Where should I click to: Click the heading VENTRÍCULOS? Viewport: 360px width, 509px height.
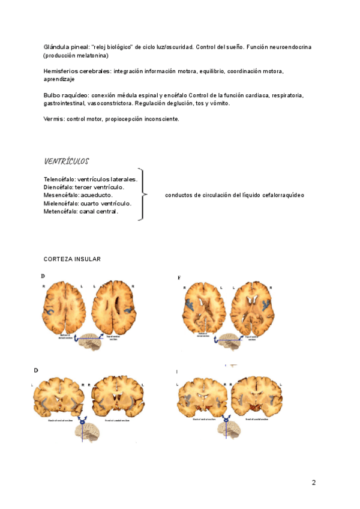pyautogui.click(x=66, y=161)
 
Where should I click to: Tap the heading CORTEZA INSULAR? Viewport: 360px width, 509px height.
pyautogui.click(x=72, y=259)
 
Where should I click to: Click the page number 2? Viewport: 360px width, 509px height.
pyautogui.click(x=313, y=483)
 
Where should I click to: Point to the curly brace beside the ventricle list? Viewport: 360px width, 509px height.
pyautogui.click(x=142, y=194)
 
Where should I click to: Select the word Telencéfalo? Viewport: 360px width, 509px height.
pyautogui.click(x=59, y=179)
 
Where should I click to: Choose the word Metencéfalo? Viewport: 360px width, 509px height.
pyautogui.click(x=60, y=211)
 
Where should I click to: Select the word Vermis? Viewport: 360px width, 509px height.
pyautogui.click(x=53, y=119)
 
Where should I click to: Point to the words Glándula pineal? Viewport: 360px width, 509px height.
pyautogui.click(x=67, y=47)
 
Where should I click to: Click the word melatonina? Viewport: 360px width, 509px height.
pyautogui.click(x=91, y=55)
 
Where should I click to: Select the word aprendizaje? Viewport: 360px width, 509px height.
pyautogui.click(x=59, y=79)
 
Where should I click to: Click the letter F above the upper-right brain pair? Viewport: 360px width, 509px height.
pyautogui.click(x=179, y=277)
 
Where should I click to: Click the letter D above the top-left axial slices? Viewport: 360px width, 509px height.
pyautogui.click(x=43, y=276)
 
